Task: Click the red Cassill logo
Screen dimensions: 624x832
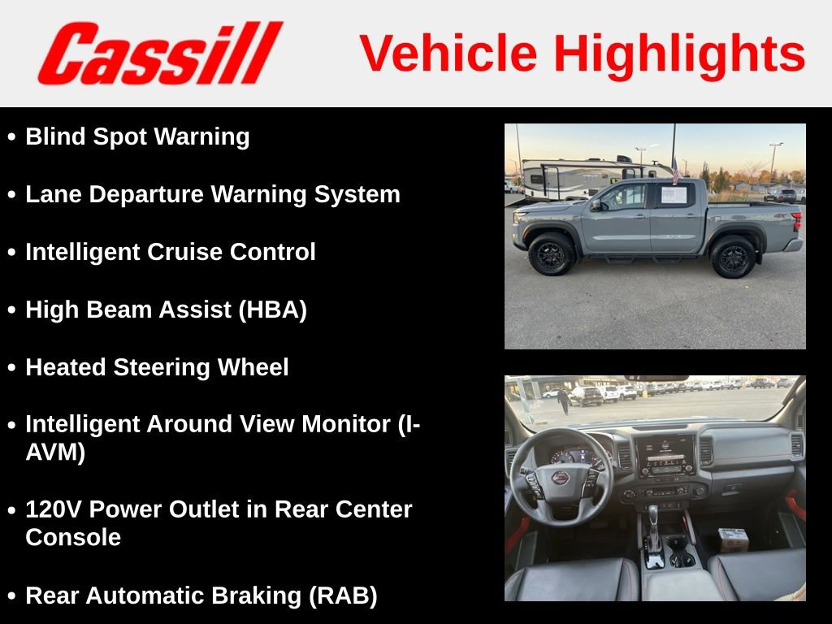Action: point(159,54)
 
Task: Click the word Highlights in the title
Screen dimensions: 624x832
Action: point(679,54)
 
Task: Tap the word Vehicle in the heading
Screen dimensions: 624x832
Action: point(448,54)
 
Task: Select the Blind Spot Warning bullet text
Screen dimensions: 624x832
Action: point(137,136)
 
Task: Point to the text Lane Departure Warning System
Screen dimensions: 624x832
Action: point(213,194)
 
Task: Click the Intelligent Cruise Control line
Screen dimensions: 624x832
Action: point(171,252)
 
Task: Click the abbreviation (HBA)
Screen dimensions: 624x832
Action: point(272,310)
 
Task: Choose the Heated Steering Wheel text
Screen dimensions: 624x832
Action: point(157,367)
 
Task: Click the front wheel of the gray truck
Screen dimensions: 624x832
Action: point(552,254)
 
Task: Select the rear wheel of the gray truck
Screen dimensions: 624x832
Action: point(733,257)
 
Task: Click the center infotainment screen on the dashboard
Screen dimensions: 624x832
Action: point(664,455)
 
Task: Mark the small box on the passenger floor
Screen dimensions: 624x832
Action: point(733,539)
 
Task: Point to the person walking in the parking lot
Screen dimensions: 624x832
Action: point(564,400)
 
